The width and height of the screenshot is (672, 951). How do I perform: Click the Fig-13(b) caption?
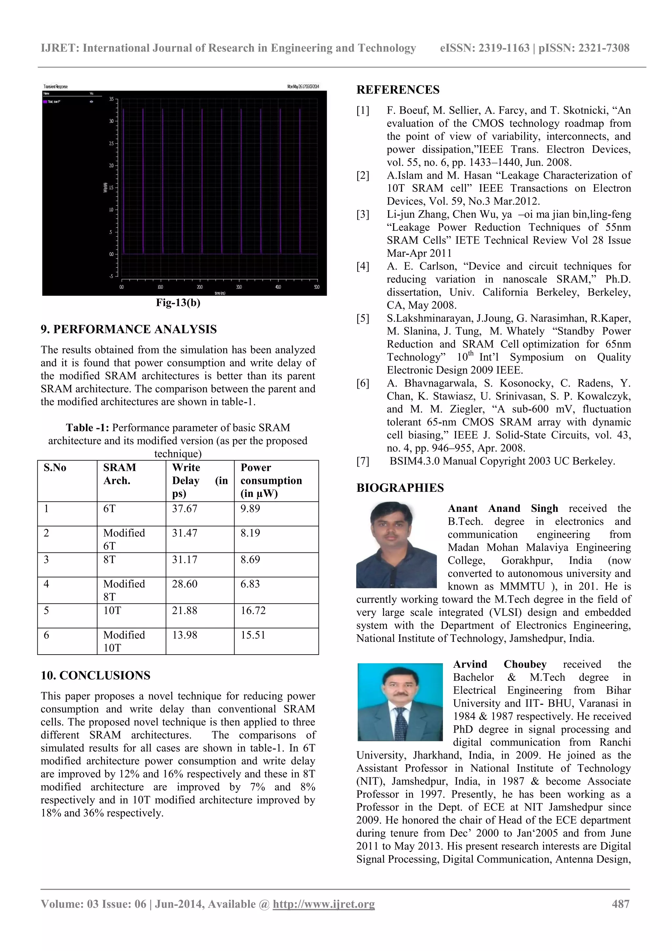click(x=178, y=303)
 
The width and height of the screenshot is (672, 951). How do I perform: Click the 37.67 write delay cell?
click(x=185, y=508)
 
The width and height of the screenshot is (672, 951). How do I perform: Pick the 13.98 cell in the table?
click(x=185, y=635)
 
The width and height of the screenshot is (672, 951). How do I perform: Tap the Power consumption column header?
click(x=271, y=481)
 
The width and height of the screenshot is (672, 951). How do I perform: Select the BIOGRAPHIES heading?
click(x=400, y=488)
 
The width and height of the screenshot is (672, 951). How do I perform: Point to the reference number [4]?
click(x=363, y=266)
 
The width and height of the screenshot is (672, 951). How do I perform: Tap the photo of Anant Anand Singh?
click(x=396, y=545)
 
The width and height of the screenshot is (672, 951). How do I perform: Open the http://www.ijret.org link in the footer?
click(x=324, y=904)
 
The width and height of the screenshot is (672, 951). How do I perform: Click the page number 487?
click(x=620, y=904)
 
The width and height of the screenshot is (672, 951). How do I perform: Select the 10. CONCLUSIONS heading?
click(x=95, y=676)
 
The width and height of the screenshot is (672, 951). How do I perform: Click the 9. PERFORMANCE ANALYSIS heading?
click(x=128, y=329)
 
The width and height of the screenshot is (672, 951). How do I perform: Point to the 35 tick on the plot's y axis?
click(x=111, y=99)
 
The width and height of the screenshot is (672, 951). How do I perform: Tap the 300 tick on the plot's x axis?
click(x=239, y=287)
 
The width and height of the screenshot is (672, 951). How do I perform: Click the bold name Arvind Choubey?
click(x=499, y=664)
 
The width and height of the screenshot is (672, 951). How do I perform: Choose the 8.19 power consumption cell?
click(x=250, y=533)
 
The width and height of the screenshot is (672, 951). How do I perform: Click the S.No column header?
click(x=55, y=468)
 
